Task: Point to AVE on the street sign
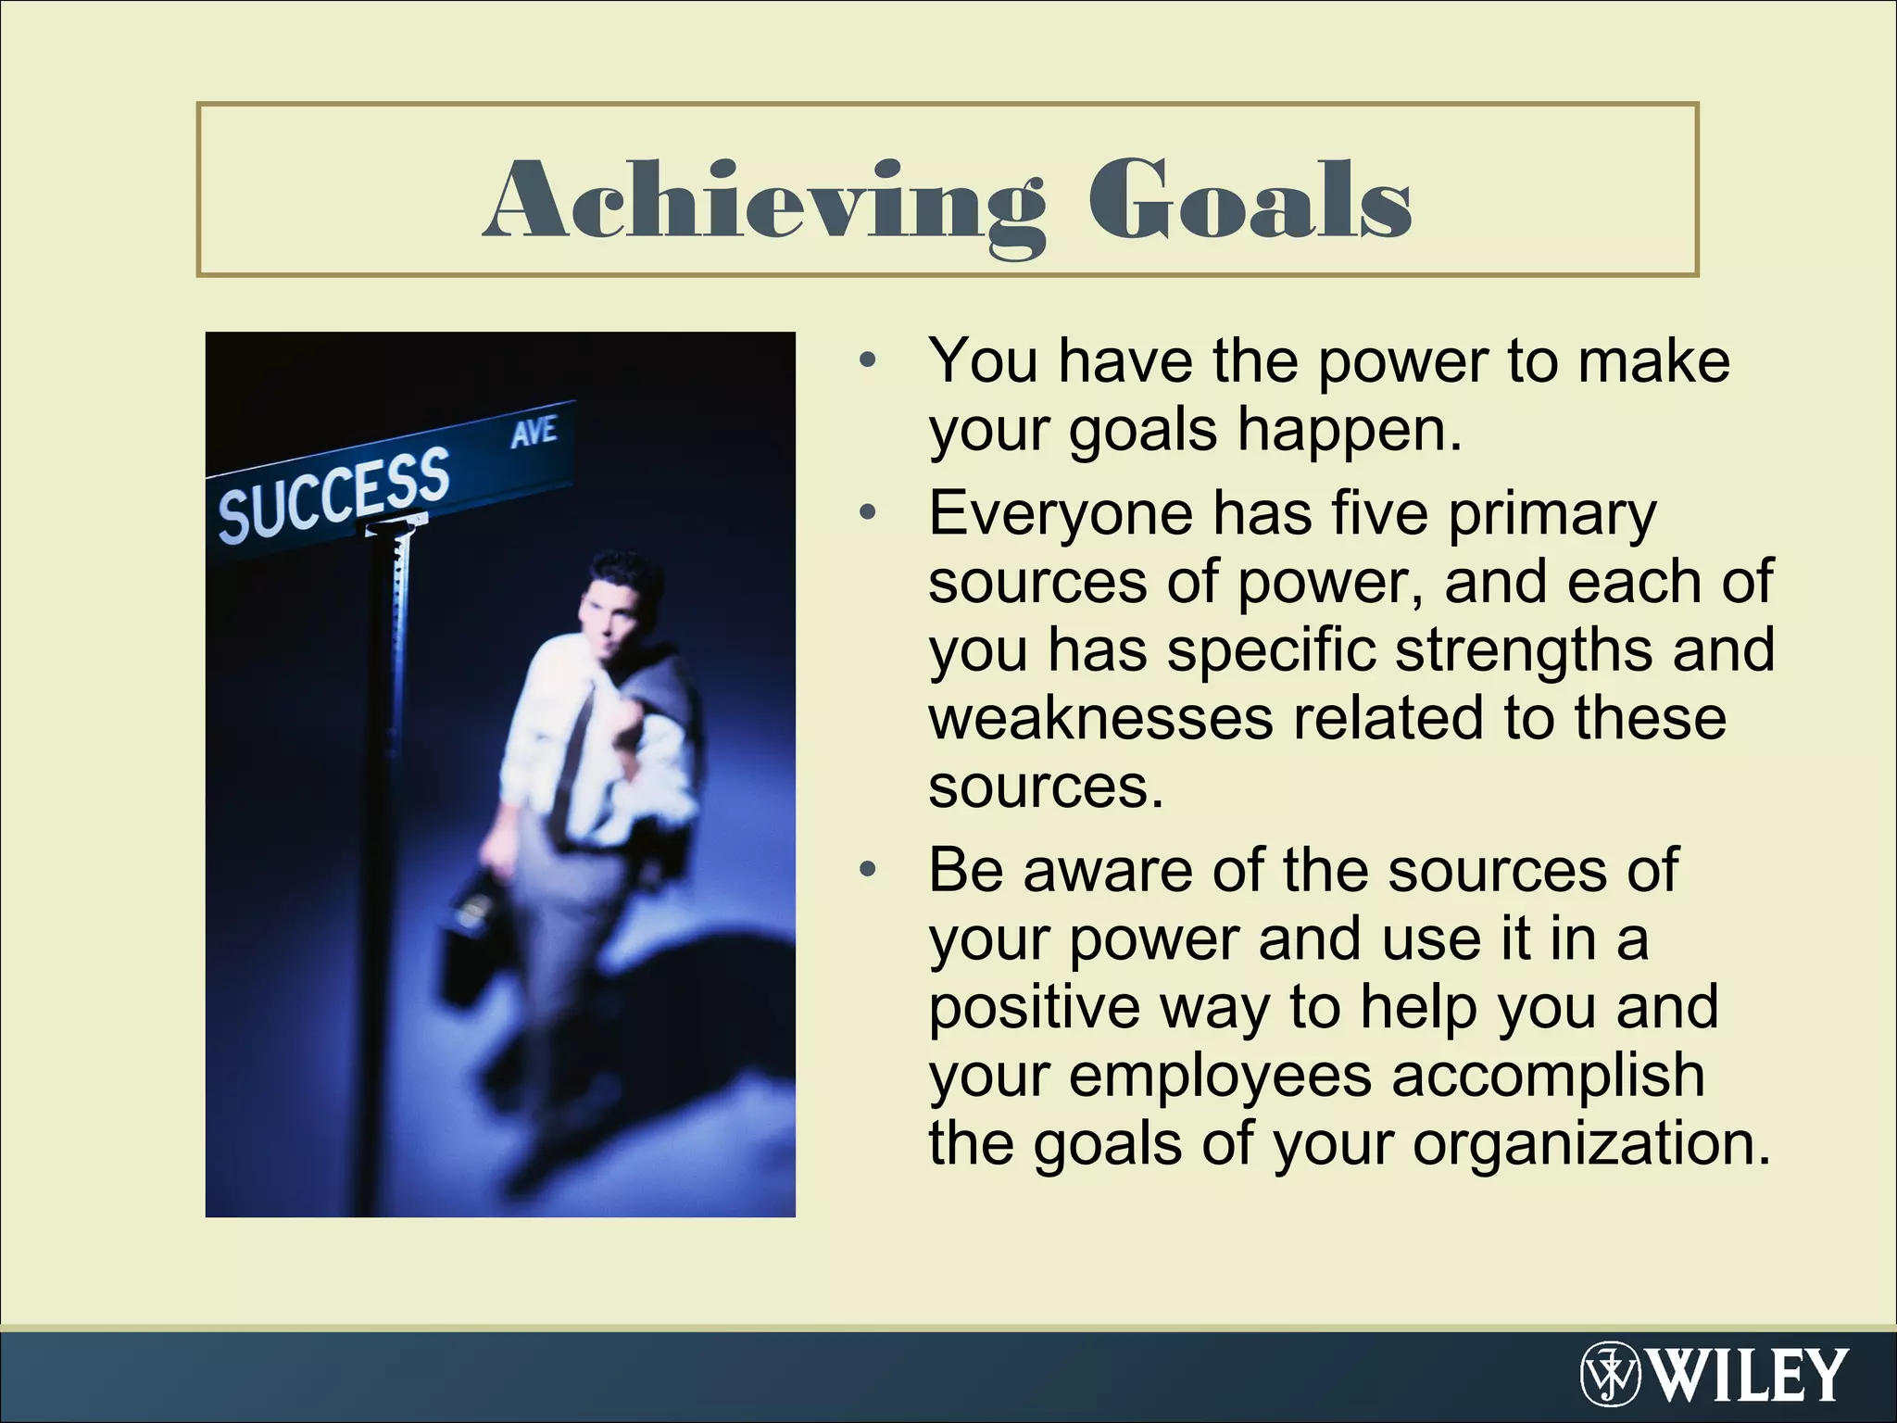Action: click(534, 432)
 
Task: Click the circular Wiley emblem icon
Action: click(1611, 1374)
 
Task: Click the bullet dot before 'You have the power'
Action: click(867, 360)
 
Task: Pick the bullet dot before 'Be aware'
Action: click(867, 870)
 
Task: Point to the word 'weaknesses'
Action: click(1100, 718)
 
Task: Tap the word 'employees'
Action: click(1220, 1076)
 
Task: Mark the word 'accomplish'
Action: click(1548, 1076)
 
